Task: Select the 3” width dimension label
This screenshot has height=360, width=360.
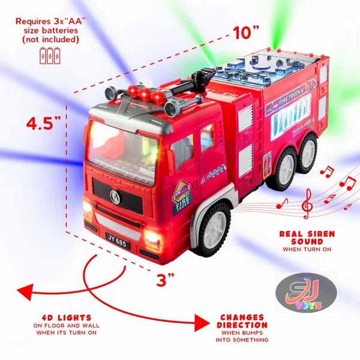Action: click(166, 279)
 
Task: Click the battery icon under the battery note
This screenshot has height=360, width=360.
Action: click(50, 57)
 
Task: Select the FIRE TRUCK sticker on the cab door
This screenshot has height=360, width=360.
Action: click(182, 197)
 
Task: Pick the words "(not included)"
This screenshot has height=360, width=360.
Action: click(50, 40)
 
